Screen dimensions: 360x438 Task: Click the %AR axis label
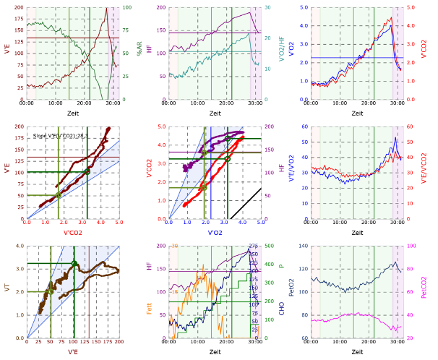[138, 53]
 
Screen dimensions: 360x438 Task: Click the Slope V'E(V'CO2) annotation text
[69, 135]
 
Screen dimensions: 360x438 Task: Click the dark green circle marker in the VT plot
[74, 264]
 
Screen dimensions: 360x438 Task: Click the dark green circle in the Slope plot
[87, 171]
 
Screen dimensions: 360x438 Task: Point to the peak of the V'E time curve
[107, 9]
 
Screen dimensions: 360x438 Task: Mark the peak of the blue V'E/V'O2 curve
[395, 138]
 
